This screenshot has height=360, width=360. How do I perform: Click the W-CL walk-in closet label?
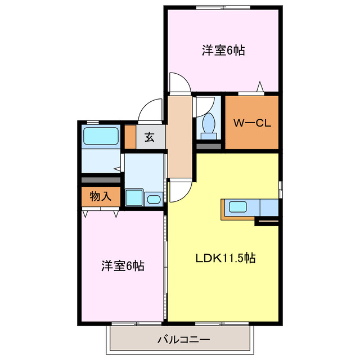252,123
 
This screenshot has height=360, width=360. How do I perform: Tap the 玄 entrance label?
149,137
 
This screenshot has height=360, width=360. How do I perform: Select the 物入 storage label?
100,196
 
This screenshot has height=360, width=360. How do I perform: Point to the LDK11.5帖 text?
226,258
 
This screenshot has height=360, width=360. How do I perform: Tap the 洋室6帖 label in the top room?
223,50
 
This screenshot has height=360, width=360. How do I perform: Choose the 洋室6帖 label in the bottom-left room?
123,265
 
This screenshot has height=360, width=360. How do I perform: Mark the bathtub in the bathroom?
101,137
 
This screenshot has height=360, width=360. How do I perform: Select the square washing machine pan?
134,197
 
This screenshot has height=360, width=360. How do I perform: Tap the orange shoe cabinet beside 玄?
130,137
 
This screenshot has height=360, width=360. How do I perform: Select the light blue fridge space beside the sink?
269,207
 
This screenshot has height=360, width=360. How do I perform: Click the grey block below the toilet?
209,146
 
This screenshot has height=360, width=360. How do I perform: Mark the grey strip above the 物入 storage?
101,180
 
